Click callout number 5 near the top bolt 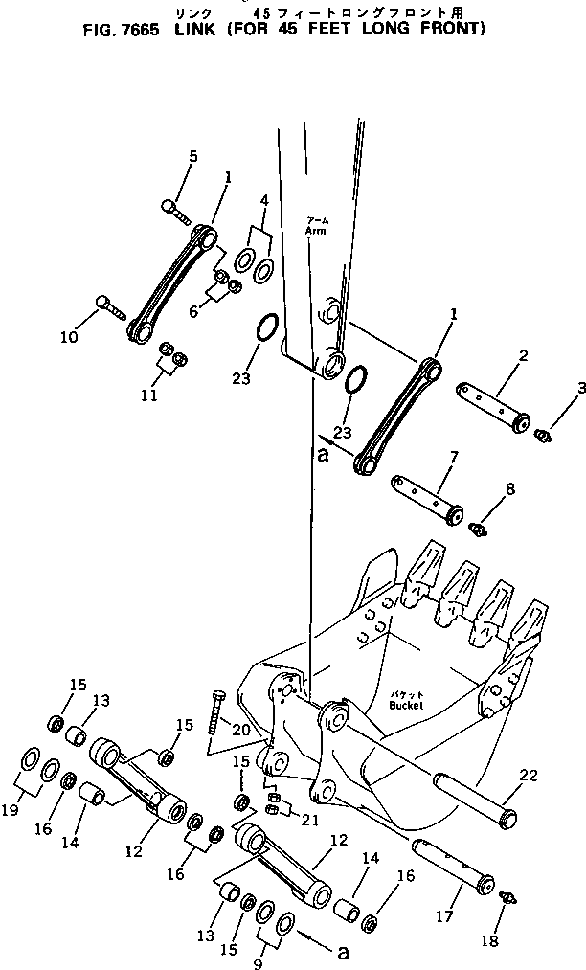[x=192, y=156]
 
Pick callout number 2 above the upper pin [x=524, y=357]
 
